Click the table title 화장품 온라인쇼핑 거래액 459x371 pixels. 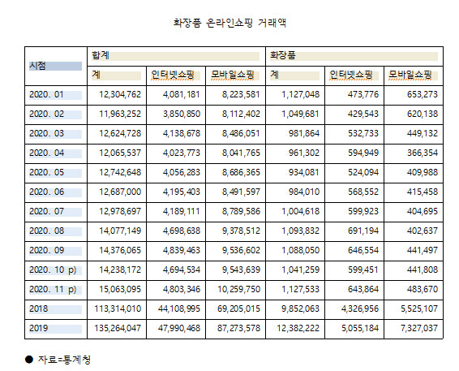tap(229, 23)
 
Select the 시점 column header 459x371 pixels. tap(37, 66)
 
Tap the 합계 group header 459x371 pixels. tap(101, 55)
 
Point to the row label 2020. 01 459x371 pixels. tap(46, 94)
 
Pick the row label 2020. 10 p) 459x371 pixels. tap(53, 270)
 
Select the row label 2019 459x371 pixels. tap(39, 328)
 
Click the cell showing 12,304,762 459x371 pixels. tap(120, 94)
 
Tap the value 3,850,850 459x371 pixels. tap(182, 114)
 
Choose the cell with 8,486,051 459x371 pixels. tap(241, 133)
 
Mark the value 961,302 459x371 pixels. tap(304, 153)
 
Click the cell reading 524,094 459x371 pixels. tap(363, 172)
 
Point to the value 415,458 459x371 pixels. tap(423, 192)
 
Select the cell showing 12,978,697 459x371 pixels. tap(120, 211)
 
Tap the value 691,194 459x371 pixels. tap(363, 231)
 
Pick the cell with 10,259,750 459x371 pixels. tap(239, 289)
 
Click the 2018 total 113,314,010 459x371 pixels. tap(118, 308)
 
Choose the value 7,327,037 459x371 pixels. tap(419, 328)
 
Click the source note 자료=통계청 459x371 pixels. tap(64, 360)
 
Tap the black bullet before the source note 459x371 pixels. tap(29, 360)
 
